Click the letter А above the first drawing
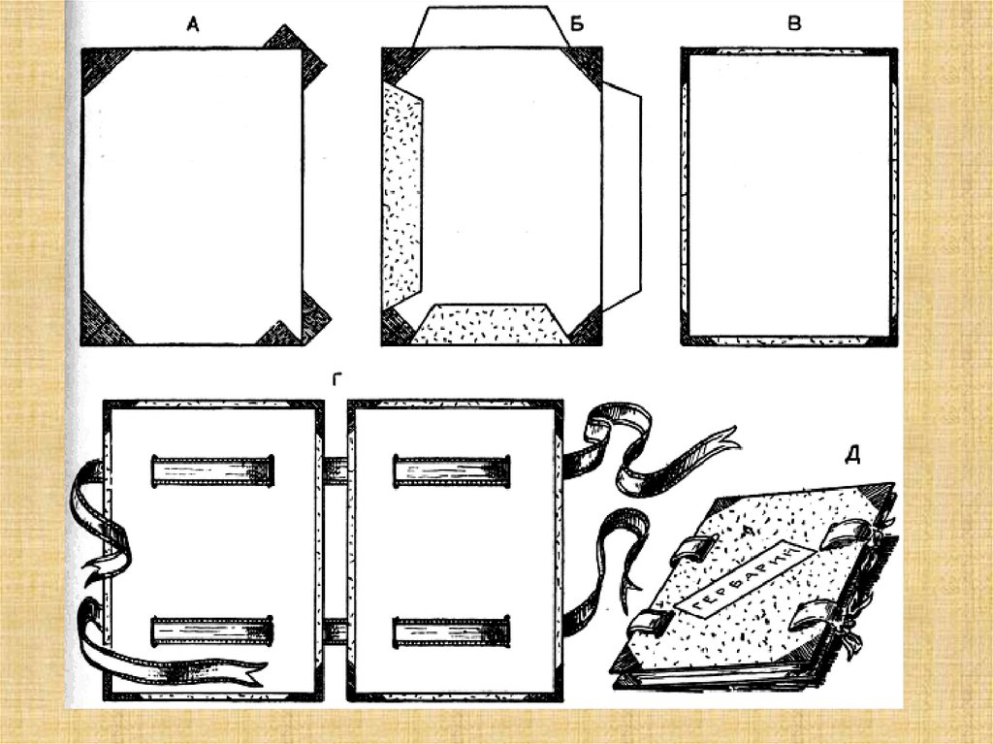193,28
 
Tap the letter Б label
577,26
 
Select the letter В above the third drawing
794,24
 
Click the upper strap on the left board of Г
208,470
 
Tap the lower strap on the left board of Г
208,631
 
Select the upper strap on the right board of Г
451,470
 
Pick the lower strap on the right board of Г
451,631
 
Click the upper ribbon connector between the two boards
335,471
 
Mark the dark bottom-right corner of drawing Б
587,327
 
